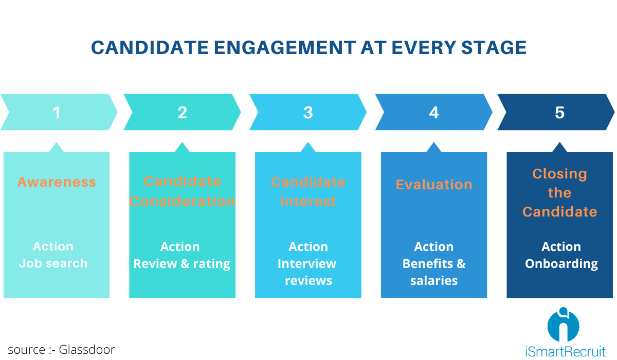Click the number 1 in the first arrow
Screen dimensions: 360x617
[x=57, y=113]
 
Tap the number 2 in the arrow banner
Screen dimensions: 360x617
[x=182, y=113]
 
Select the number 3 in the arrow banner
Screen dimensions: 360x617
[x=308, y=113]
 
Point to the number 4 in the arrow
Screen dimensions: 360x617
[x=434, y=113]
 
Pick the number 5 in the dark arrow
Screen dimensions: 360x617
[x=559, y=113]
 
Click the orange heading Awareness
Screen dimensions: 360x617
[x=57, y=182]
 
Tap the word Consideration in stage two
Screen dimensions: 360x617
[x=182, y=201]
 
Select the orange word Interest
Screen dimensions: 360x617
[x=308, y=201]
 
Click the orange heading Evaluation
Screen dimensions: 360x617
[x=434, y=185]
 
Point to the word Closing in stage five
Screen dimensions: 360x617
[x=559, y=174]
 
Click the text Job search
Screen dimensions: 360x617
[x=53, y=263]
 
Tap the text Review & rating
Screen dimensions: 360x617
[x=182, y=264]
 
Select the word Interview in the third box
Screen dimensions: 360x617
[x=307, y=264]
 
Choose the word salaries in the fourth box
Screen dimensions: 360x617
[x=434, y=281]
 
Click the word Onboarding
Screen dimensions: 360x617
[x=561, y=264]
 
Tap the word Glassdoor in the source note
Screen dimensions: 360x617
[x=87, y=350]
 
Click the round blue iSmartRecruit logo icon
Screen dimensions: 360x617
[x=563, y=325]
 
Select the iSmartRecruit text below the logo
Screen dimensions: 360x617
[x=566, y=352]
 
